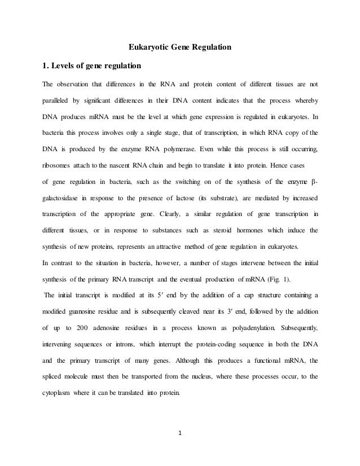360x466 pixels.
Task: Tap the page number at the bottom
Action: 180,434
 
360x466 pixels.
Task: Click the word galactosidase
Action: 65,199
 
